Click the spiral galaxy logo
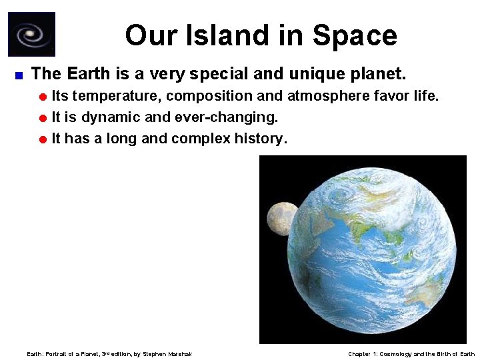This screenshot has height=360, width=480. pos(31,35)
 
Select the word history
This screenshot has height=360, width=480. pos(261,139)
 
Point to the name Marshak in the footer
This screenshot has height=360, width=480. pos(180,354)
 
